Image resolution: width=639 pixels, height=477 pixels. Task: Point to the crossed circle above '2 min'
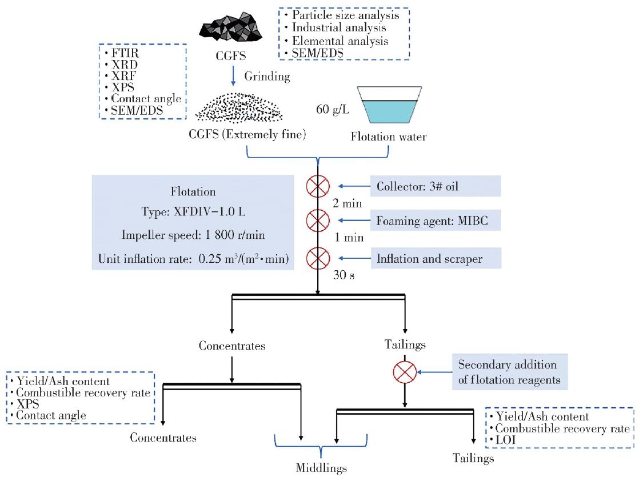click(318, 186)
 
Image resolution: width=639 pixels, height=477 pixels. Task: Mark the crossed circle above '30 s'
click(318, 258)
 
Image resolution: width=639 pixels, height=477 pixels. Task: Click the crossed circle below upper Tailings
click(405, 372)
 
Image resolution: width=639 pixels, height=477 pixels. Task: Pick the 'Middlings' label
click(321, 468)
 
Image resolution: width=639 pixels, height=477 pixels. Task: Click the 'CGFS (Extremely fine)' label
click(247, 135)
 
